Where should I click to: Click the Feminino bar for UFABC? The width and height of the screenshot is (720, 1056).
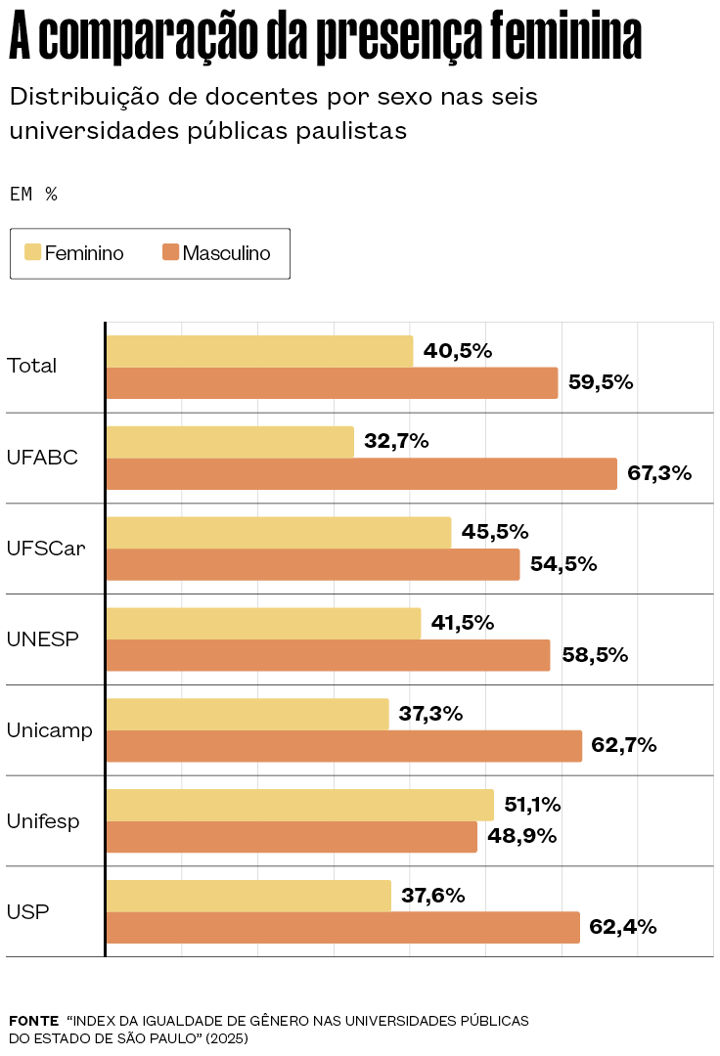pos(230,442)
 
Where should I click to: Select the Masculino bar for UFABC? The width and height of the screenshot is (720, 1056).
pos(361,473)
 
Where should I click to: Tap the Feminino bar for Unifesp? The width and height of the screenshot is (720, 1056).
pos(299,805)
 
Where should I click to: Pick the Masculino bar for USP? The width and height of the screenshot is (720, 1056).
pos(342,927)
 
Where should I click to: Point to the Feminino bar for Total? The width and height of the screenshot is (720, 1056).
pos(259,351)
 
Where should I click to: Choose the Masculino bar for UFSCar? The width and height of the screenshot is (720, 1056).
pos(312,564)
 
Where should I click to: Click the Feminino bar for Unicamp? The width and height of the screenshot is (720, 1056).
pos(247,714)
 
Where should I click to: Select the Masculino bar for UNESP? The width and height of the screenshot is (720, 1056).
pos(328,655)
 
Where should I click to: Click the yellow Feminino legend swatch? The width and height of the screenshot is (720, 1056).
pos(32,253)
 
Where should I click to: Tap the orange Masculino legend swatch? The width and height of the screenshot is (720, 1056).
pos(170,253)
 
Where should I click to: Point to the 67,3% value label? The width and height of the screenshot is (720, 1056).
pos(659,473)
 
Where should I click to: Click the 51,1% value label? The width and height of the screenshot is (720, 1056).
pos(532,805)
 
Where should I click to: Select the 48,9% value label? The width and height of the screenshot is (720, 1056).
pos(521,836)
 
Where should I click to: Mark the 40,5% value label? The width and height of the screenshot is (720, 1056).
pos(457,351)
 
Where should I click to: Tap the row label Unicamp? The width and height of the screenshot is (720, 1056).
pos(50,730)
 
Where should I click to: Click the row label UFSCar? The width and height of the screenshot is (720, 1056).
pos(46,549)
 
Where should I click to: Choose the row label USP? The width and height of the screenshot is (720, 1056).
pos(27,912)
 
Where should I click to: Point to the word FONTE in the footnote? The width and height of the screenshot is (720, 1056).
pos(33,1021)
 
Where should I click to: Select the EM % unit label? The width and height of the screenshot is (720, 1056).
pos(33,194)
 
